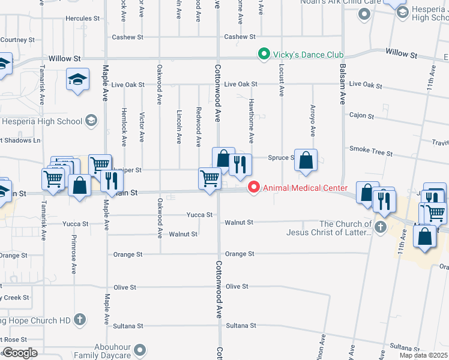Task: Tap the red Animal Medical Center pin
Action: [254, 188]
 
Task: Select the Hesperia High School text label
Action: [41, 121]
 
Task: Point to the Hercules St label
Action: [83, 19]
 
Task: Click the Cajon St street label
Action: [361, 115]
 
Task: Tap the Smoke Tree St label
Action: [367, 149]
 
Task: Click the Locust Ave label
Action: [281, 80]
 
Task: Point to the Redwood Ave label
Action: [199, 126]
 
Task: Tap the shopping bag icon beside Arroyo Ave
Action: [306, 160]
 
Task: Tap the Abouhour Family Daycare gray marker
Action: [140, 349]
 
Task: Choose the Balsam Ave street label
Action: [343, 84]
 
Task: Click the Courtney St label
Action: [17, 40]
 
